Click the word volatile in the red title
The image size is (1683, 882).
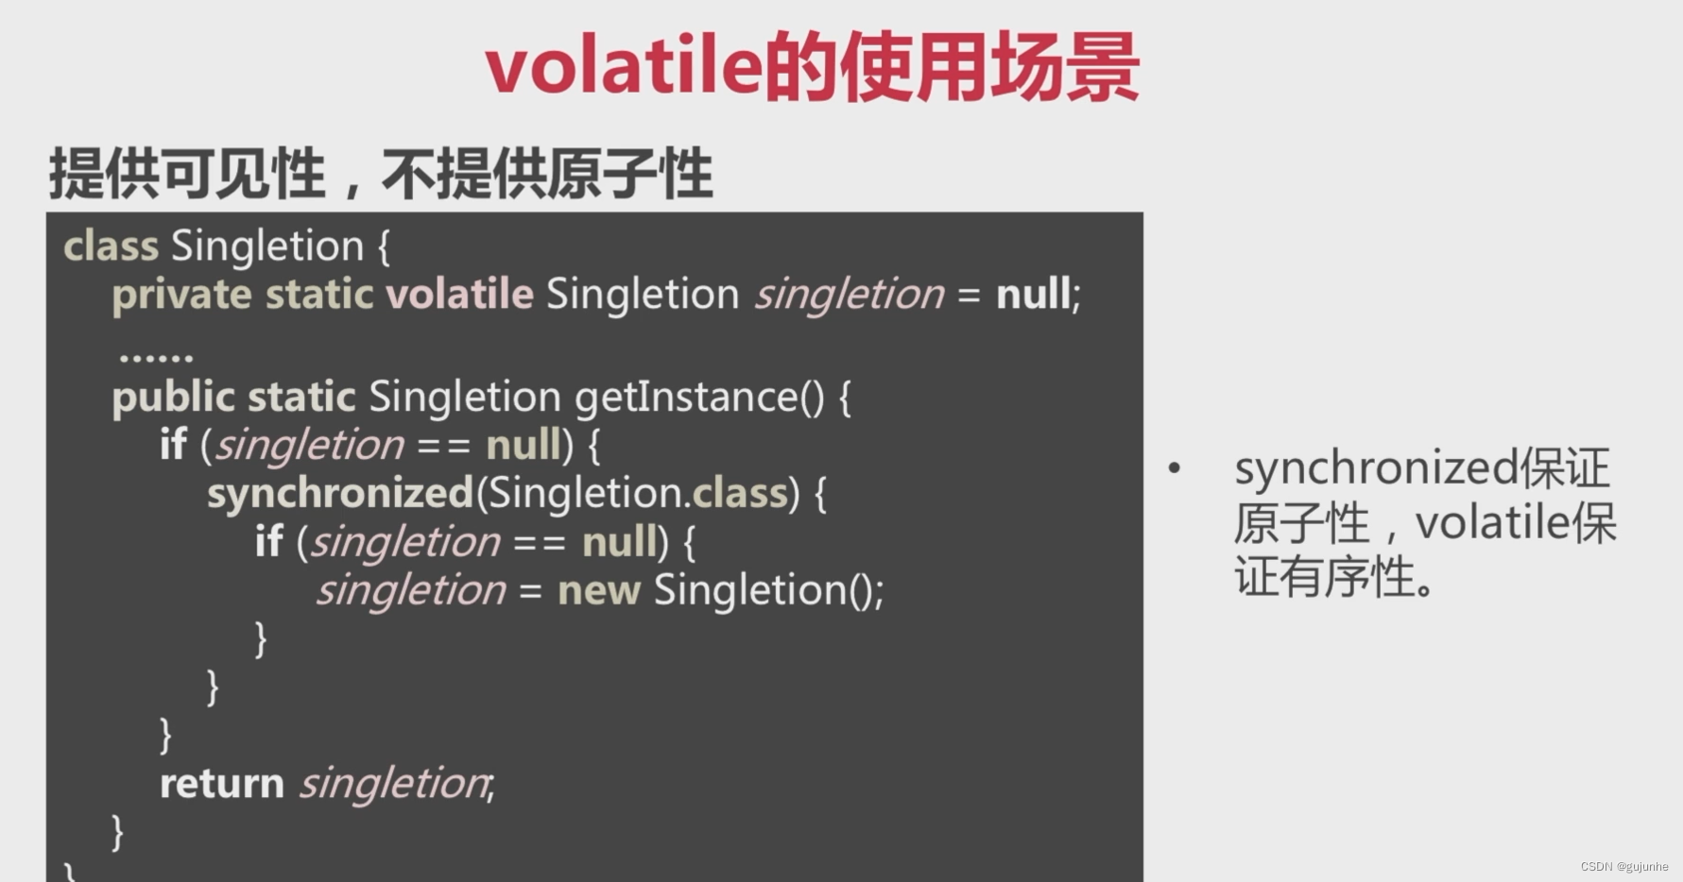pos(624,67)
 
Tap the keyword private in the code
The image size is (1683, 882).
pos(181,295)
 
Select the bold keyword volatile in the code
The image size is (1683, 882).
pos(459,294)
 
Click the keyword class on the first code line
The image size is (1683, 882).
pos(111,246)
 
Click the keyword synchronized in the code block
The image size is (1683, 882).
pos(340,494)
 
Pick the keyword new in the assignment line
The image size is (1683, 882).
pos(599,591)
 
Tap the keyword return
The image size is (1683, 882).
pos(222,784)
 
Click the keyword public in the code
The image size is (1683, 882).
pos(173,398)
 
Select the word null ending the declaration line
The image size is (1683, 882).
pos(1034,294)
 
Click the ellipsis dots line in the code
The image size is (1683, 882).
pos(156,357)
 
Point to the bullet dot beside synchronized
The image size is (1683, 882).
pos(1175,467)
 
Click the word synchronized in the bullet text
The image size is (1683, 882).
pos(1377,468)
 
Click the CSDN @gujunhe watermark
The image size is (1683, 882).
pos(1624,866)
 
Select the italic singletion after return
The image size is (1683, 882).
pos(394,784)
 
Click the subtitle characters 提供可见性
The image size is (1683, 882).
pos(187,174)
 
